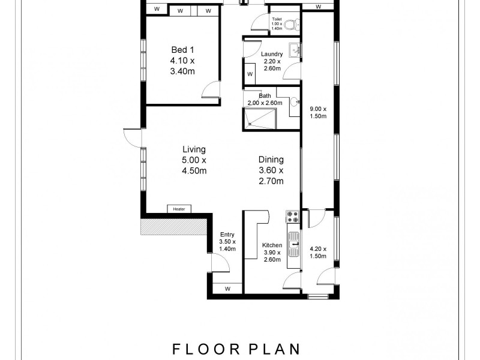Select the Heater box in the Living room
(179, 209)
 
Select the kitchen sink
(294, 241)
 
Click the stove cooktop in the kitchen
(293, 215)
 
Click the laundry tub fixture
(293, 50)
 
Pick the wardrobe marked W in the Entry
(227, 289)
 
